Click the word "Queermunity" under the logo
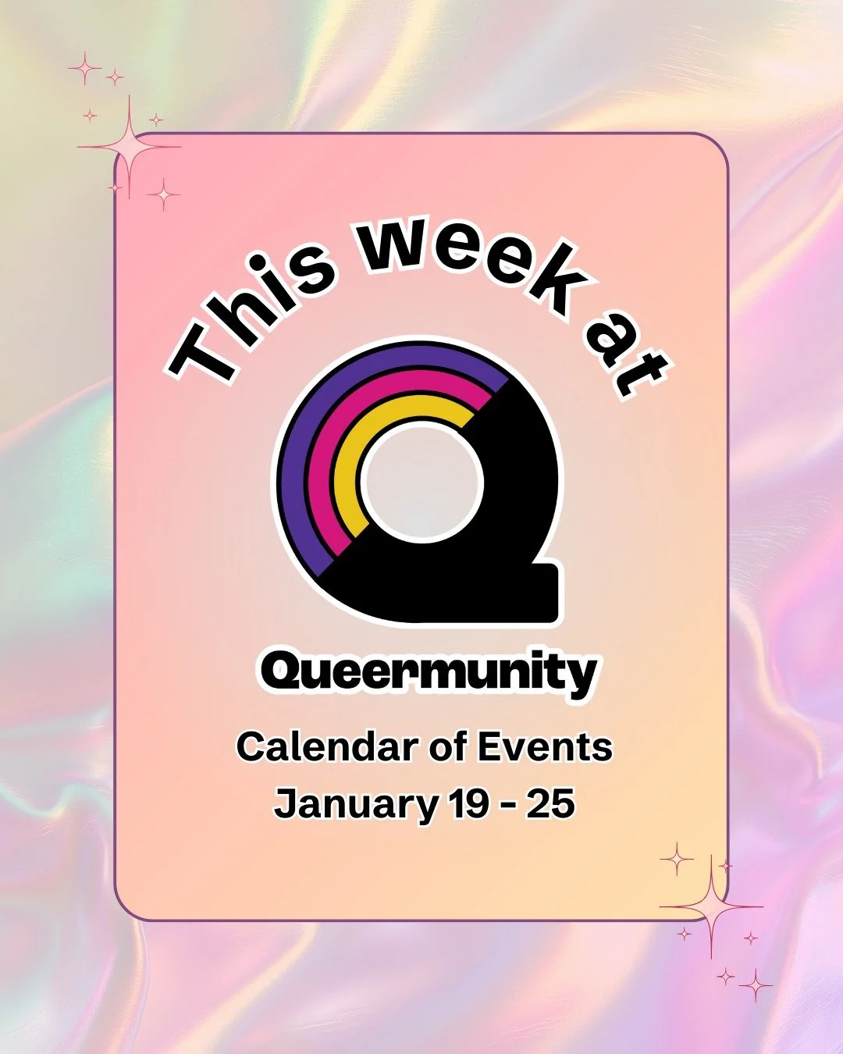point(429,673)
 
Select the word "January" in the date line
point(355,804)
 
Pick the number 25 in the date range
point(551,803)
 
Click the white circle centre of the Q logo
point(422,481)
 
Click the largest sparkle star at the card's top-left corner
point(128,147)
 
